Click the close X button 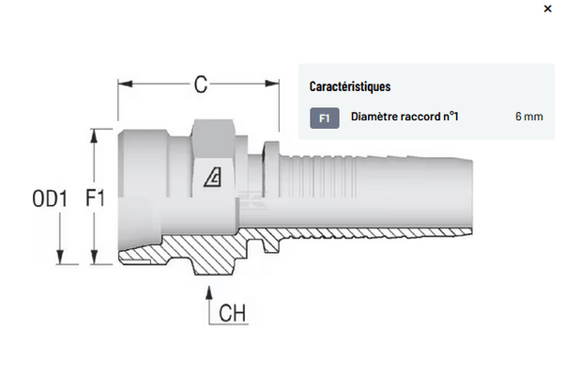[x=548, y=8]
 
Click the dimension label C [x=200, y=85]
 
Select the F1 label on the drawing [x=93, y=199]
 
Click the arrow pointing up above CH [x=207, y=289]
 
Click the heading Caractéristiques [x=350, y=86]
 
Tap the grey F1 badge [x=324, y=117]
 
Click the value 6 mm [x=528, y=117]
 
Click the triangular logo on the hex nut [x=214, y=174]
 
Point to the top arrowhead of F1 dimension [x=95, y=134]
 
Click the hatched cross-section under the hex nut [x=211, y=251]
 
